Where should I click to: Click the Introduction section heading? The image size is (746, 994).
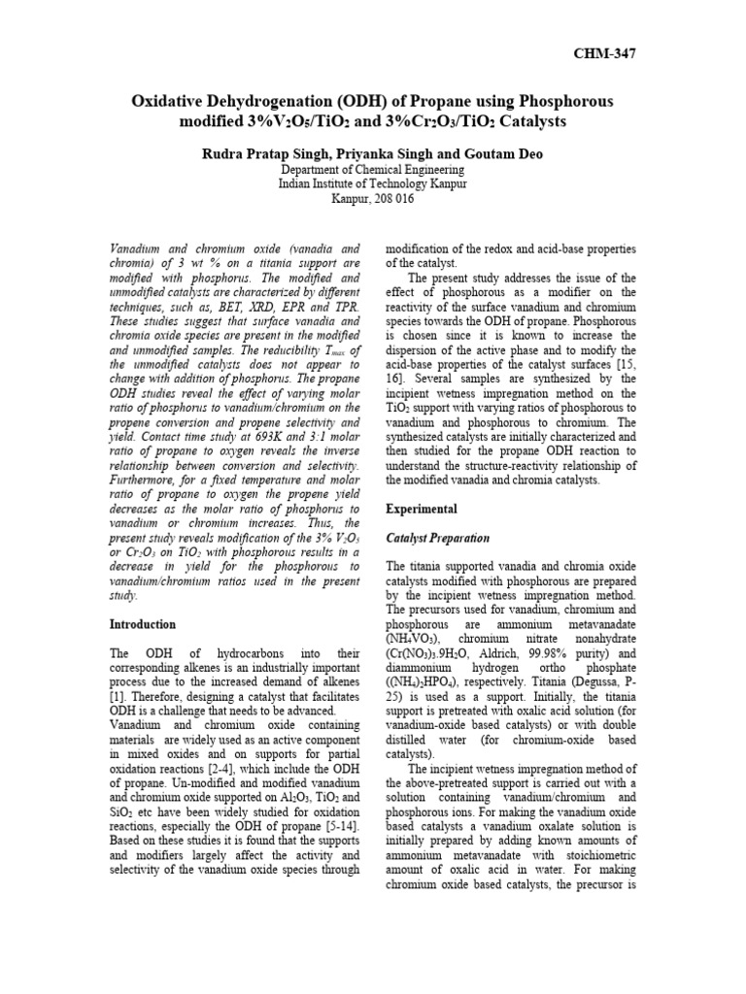click(143, 624)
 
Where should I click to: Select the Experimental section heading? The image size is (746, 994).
click(422, 509)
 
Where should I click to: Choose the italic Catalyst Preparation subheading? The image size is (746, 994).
click(437, 538)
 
